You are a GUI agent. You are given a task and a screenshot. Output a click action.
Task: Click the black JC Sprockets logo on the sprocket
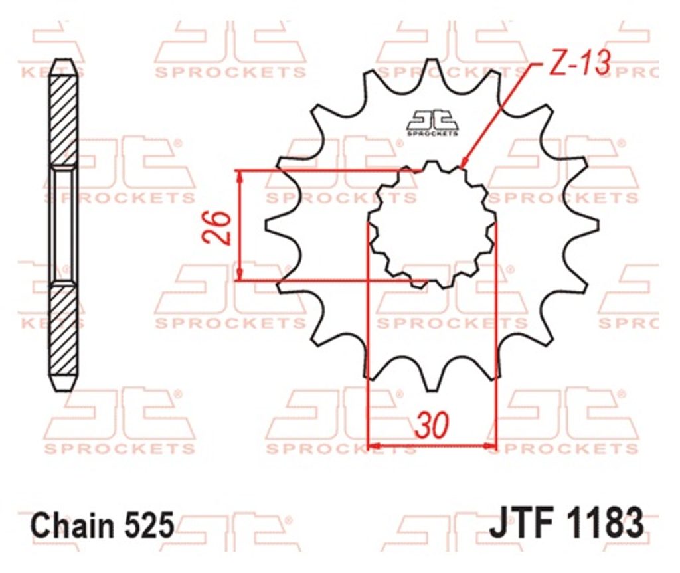(x=432, y=123)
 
